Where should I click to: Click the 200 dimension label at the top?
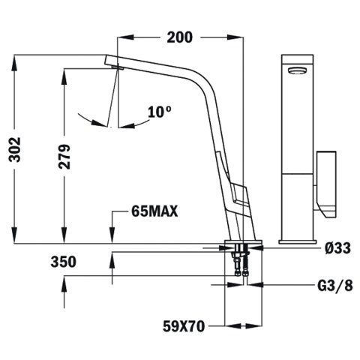pyautogui.click(x=180, y=37)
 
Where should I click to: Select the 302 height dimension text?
pyautogui.click(x=15, y=149)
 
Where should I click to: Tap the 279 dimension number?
pyautogui.click(x=64, y=156)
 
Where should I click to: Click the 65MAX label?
pyautogui.click(x=154, y=211)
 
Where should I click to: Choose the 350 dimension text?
pyautogui.click(x=64, y=262)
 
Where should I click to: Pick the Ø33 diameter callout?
pyautogui.click(x=338, y=248)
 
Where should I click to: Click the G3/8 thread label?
pyautogui.click(x=335, y=286)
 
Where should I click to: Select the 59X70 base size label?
pyautogui.click(x=184, y=326)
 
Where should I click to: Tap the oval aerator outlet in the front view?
pyautogui.click(x=297, y=70)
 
